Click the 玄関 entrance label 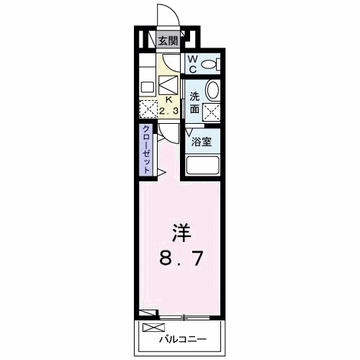168,40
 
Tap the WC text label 192,64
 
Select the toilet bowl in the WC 210,65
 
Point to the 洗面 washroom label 195,103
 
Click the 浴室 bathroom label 201,142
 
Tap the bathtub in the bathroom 202,166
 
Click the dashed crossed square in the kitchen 148,109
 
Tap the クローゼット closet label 146,149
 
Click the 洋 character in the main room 181,232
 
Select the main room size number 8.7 181,257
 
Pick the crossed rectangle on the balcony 153,328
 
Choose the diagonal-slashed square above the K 168,84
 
